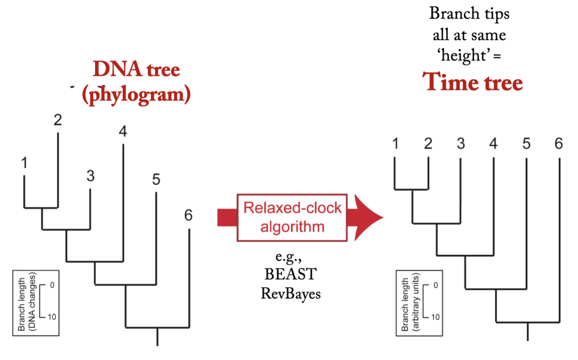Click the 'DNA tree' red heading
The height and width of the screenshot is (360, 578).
click(x=136, y=70)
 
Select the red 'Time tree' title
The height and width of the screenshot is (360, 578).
click(x=473, y=83)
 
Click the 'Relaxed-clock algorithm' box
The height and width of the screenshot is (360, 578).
click(x=292, y=217)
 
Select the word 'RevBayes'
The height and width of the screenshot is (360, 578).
click(x=291, y=293)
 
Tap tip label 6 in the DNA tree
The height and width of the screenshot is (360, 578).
click(x=188, y=215)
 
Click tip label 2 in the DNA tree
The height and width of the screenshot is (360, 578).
click(x=58, y=120)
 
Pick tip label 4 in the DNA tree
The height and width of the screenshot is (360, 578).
click(x=123, y=132)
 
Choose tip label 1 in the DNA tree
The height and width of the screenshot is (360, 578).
click(x=24, y=163)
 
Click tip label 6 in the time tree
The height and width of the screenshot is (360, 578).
click(x=558, y=144)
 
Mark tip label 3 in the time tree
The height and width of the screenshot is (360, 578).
click(x=460, y=144)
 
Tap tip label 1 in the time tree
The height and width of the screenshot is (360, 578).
click(x=395, y=144)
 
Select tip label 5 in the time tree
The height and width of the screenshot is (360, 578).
click(x=526, y=144)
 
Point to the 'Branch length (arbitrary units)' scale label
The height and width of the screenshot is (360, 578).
click(x=409, y=303)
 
